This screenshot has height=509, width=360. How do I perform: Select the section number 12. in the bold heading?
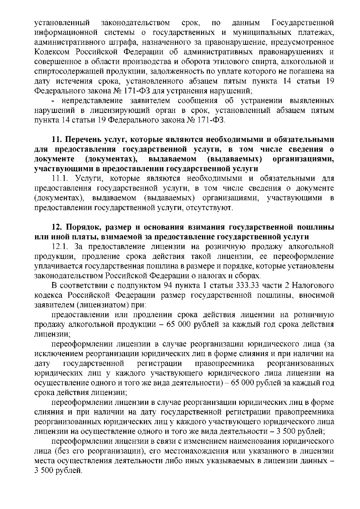(57, 227)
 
